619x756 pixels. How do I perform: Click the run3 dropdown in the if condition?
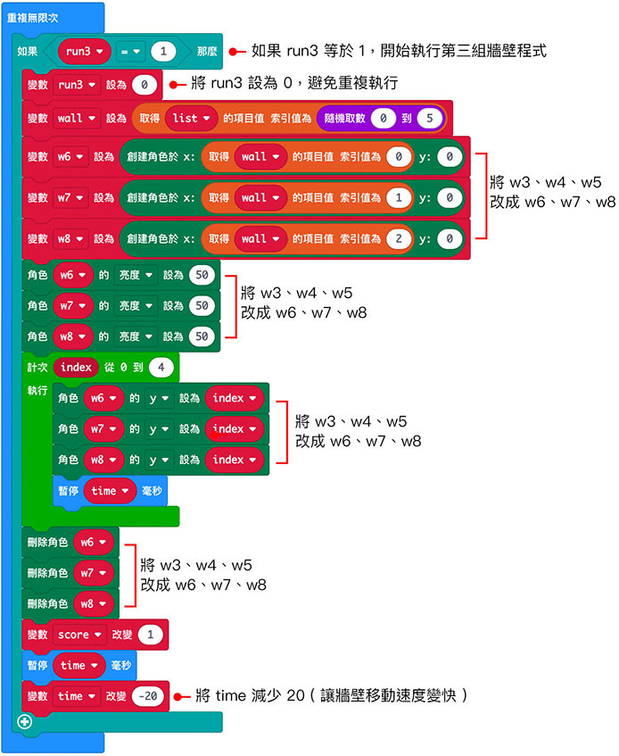point(85,52)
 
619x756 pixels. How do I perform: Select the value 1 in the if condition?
point(163,52)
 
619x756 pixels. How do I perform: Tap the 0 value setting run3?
point(143,86)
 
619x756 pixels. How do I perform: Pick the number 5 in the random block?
point(429,118)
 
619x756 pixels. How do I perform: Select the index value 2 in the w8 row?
point(398,238)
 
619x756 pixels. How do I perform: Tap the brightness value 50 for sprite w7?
point(202,305)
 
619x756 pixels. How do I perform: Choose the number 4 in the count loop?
point(161,367)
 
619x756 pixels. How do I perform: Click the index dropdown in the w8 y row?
point(235,460)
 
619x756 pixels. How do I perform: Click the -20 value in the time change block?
point(148,696)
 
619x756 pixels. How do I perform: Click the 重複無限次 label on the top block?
point(33,17)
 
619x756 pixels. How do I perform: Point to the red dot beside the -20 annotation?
point(180,696)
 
